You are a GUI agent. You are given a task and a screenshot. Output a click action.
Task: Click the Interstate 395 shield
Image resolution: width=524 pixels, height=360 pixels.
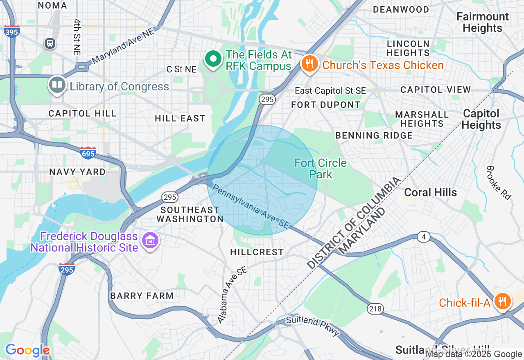click(12, 31)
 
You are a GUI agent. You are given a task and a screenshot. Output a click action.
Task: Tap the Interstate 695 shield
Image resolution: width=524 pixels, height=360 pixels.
click(88, 153)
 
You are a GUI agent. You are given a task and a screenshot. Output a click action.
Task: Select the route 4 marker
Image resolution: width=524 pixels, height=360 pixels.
click(424, 237)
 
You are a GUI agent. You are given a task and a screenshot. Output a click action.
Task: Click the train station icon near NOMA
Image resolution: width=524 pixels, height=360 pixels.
click(50, 43)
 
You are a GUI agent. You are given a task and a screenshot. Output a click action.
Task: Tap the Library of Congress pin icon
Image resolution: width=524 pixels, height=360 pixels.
click(57, 85)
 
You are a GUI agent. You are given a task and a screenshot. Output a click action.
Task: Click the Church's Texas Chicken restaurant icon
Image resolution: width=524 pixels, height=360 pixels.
click(310, 64)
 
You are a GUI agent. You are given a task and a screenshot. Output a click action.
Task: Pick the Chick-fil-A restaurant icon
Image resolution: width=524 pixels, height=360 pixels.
click(502, 302)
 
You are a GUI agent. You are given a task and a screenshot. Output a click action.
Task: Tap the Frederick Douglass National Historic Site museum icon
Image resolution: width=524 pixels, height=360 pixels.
click(150, 241)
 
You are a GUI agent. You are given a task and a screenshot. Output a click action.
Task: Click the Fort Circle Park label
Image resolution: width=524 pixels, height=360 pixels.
click(321, 169)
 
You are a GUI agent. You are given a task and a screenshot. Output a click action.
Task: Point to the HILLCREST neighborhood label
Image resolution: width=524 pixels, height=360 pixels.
click(257, 252)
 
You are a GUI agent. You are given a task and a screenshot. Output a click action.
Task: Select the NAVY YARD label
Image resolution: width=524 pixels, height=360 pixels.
click(77, 172)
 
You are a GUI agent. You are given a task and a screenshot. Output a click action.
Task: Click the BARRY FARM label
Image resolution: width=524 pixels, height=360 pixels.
click(142, 295)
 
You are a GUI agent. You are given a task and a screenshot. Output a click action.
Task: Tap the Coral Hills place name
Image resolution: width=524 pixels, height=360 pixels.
click(430, 192)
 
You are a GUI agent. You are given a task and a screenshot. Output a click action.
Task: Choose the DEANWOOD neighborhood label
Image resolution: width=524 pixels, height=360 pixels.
click(401, 9)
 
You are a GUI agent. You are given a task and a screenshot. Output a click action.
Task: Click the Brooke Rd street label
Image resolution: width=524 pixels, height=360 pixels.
click(499, 182)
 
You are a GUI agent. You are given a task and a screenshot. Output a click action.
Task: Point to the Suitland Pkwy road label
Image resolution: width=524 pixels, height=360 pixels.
click(313, 326)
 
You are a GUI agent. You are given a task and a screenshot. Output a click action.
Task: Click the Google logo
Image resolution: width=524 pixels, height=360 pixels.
click(27, 350)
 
